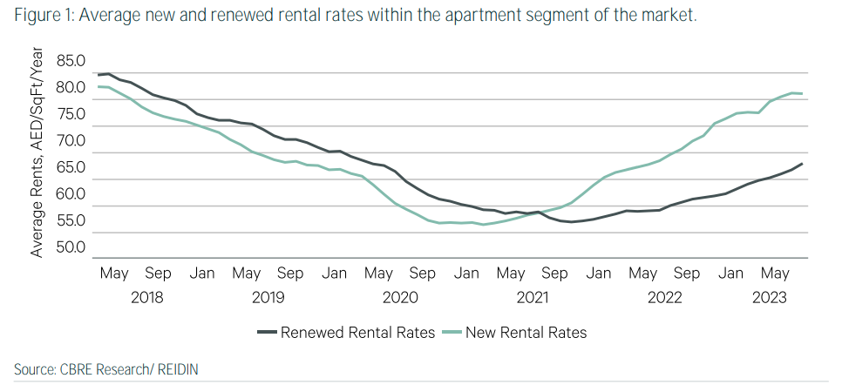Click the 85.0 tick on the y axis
[x=71, y=61]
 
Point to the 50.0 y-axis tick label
[x=71, y=247]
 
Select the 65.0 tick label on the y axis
[x=71, y=167]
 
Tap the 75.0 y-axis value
[x=71, y=114]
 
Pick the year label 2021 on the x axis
[x=533, y=298]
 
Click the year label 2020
[x=401, y=298]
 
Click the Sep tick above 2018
[x=159, y=274]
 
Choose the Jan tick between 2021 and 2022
[x=599, y=274]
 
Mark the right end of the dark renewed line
[x=802, y=164]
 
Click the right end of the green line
[x=802, y=93]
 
